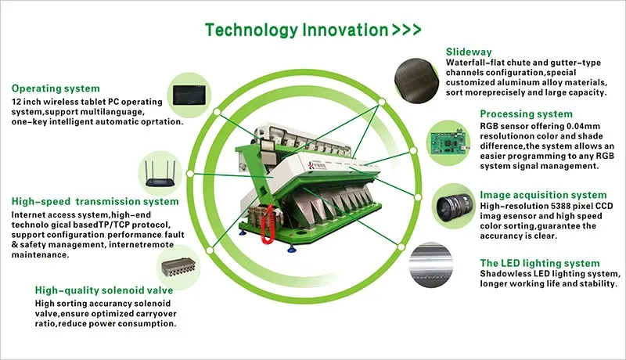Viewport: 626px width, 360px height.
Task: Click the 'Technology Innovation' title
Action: pos(297,30)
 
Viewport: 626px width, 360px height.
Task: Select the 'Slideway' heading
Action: pos(469,52)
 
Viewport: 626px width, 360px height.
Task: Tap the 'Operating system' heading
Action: pos(56,88)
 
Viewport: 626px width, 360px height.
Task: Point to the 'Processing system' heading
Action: pos(526,114)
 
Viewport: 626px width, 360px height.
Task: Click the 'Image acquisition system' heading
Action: pos(543,195)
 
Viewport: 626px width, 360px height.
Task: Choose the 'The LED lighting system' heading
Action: pos(540,264)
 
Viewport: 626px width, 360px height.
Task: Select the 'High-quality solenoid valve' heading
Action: pos(104,290)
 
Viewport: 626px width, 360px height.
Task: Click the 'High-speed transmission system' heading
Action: pos(95,202)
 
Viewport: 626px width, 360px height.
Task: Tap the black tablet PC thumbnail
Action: pos(189,95)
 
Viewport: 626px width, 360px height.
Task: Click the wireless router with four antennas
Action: pos(160,174)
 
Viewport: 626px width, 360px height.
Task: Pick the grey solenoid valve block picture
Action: pos(179,268)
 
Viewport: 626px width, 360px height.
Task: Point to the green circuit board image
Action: pos(448,143)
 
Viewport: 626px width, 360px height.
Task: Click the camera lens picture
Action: pos(454,207)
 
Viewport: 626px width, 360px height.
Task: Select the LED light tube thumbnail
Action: pos(430,265)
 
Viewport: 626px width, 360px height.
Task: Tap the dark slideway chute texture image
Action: pos(416,81)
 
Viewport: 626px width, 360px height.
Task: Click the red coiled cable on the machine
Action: pos(267,225)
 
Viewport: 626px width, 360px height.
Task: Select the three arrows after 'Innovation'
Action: pos(406,30)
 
